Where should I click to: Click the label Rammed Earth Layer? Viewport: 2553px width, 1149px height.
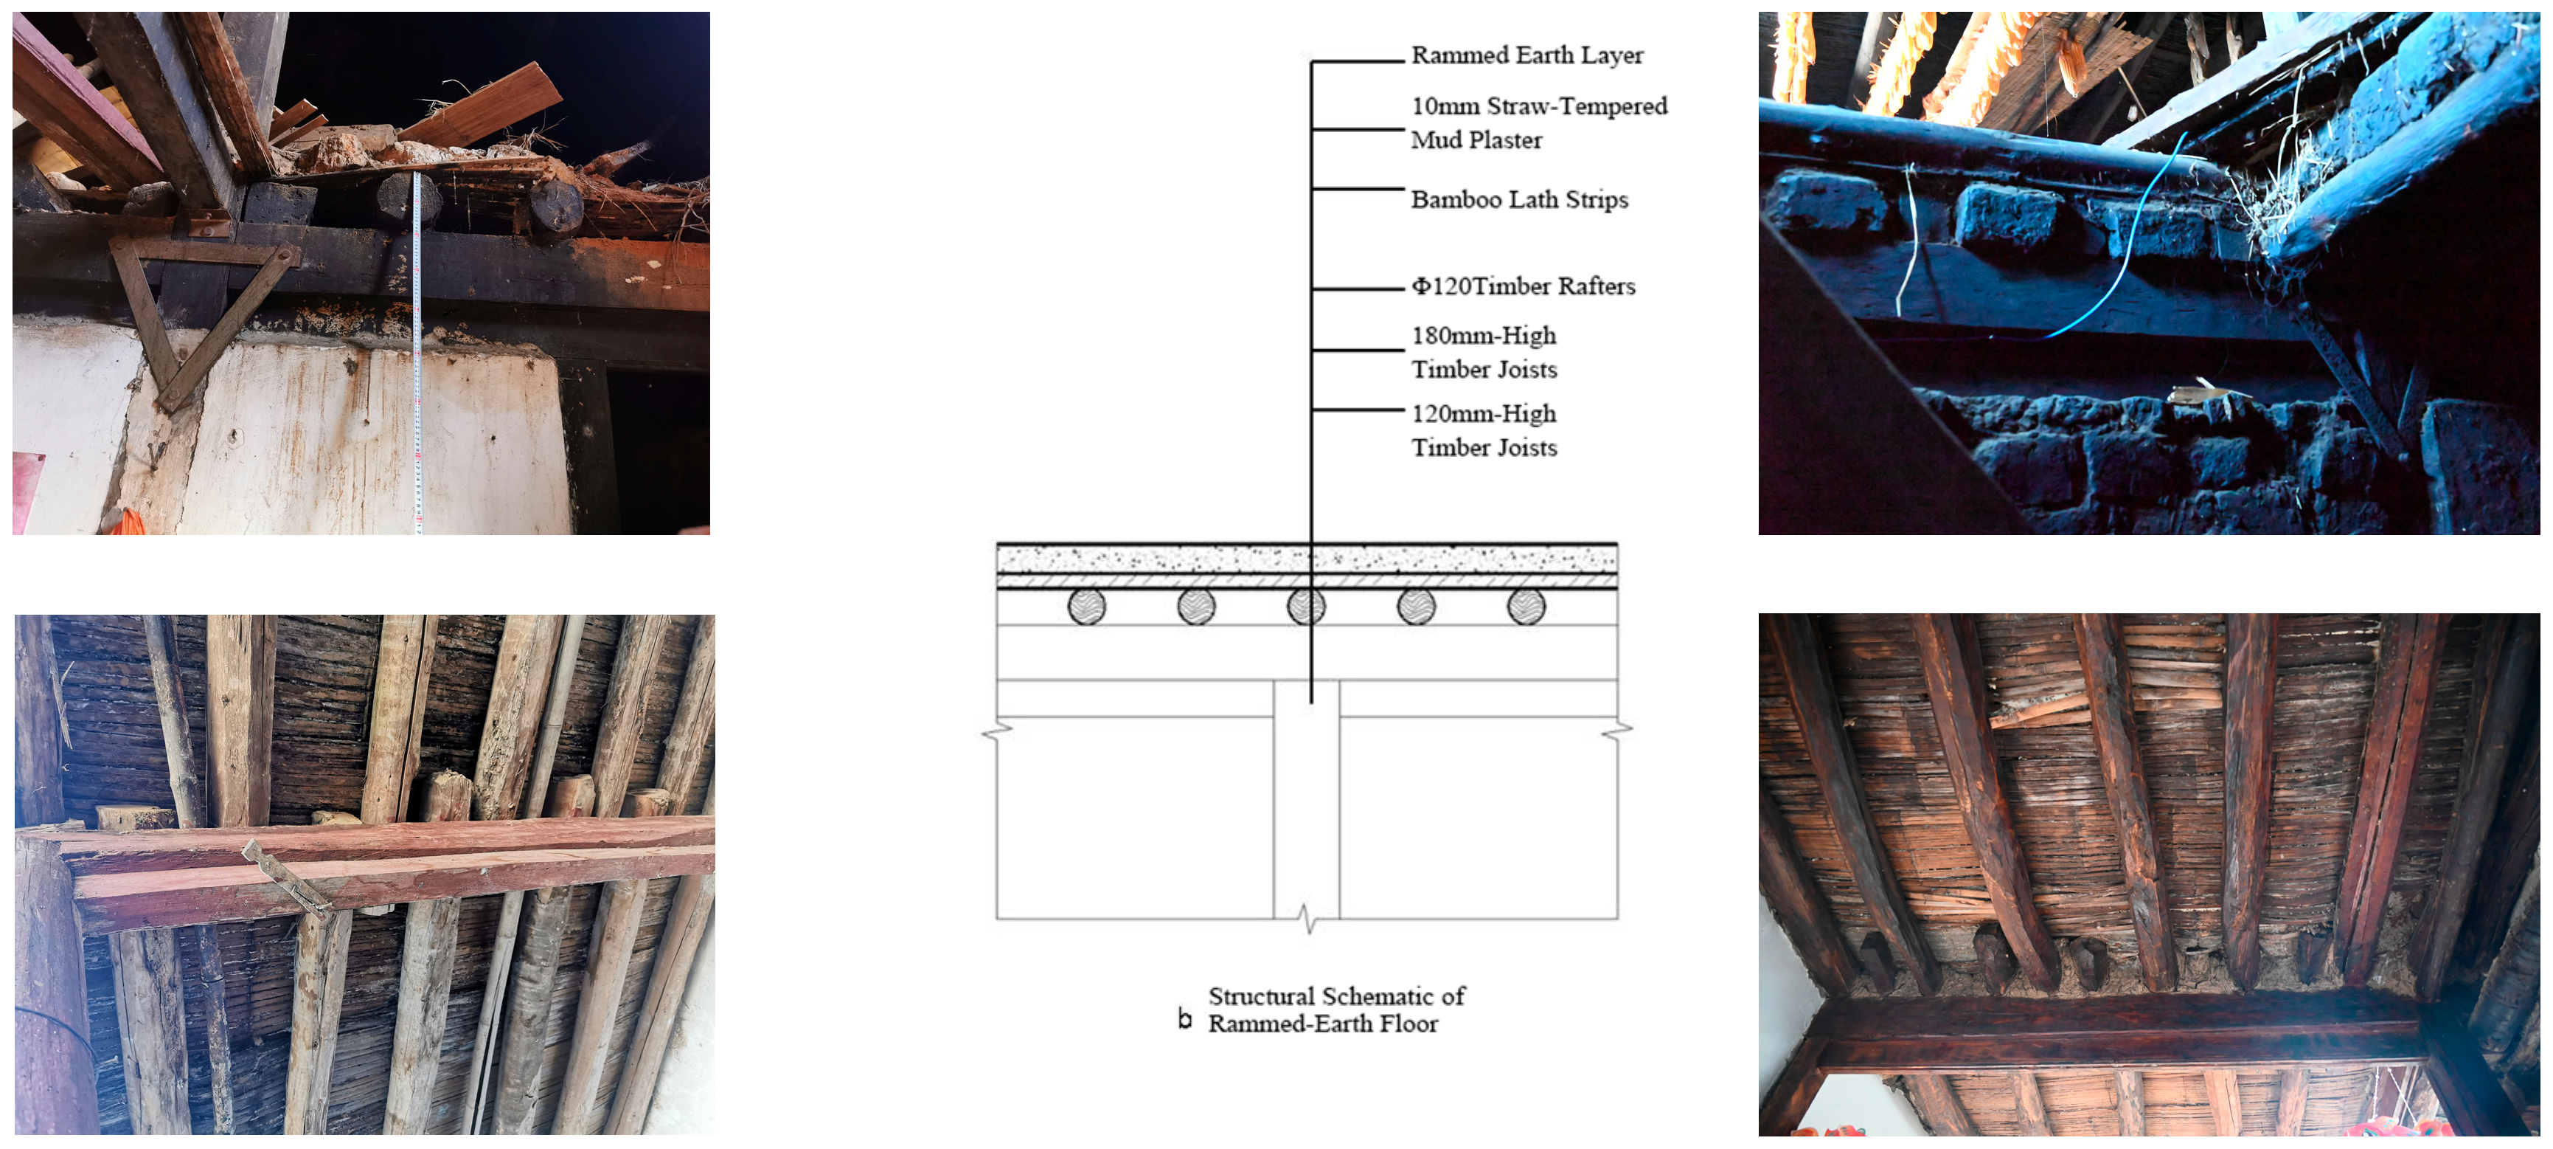pyautogui.click(x=1526, y=55)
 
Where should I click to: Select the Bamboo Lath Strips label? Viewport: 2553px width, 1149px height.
pyautogui.click(x=1519, y=199)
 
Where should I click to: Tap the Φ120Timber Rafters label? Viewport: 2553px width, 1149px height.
pyautogui.click(x=1524, y=286)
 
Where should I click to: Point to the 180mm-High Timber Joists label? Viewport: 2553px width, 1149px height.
pyautogui.click(x=1484, y=352)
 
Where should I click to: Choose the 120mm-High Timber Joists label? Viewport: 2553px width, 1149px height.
pyautogui.click(x=1484, y=430)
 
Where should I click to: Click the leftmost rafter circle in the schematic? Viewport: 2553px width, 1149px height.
pyautogui.click(x=1087, y=607)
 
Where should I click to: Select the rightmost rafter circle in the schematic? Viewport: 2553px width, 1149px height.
pyautogui.click(x=1526, y=607)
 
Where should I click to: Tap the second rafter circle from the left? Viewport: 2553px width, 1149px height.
pyautogui.click(x=1197, y=607)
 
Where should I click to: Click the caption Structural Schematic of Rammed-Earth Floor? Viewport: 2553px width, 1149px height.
pyautogui.click(x=1336, y=1010)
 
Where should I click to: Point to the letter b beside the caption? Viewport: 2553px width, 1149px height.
pyautogui.click(x=1184, y=1018)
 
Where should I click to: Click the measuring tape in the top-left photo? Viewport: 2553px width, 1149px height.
pyautogui.click(x=417, y=352)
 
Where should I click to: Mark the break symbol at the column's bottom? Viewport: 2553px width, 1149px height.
pyautogui.click(x=1308, y=918)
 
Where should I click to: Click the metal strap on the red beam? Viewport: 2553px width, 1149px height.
pyautogui.click(x=288, y=877)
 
